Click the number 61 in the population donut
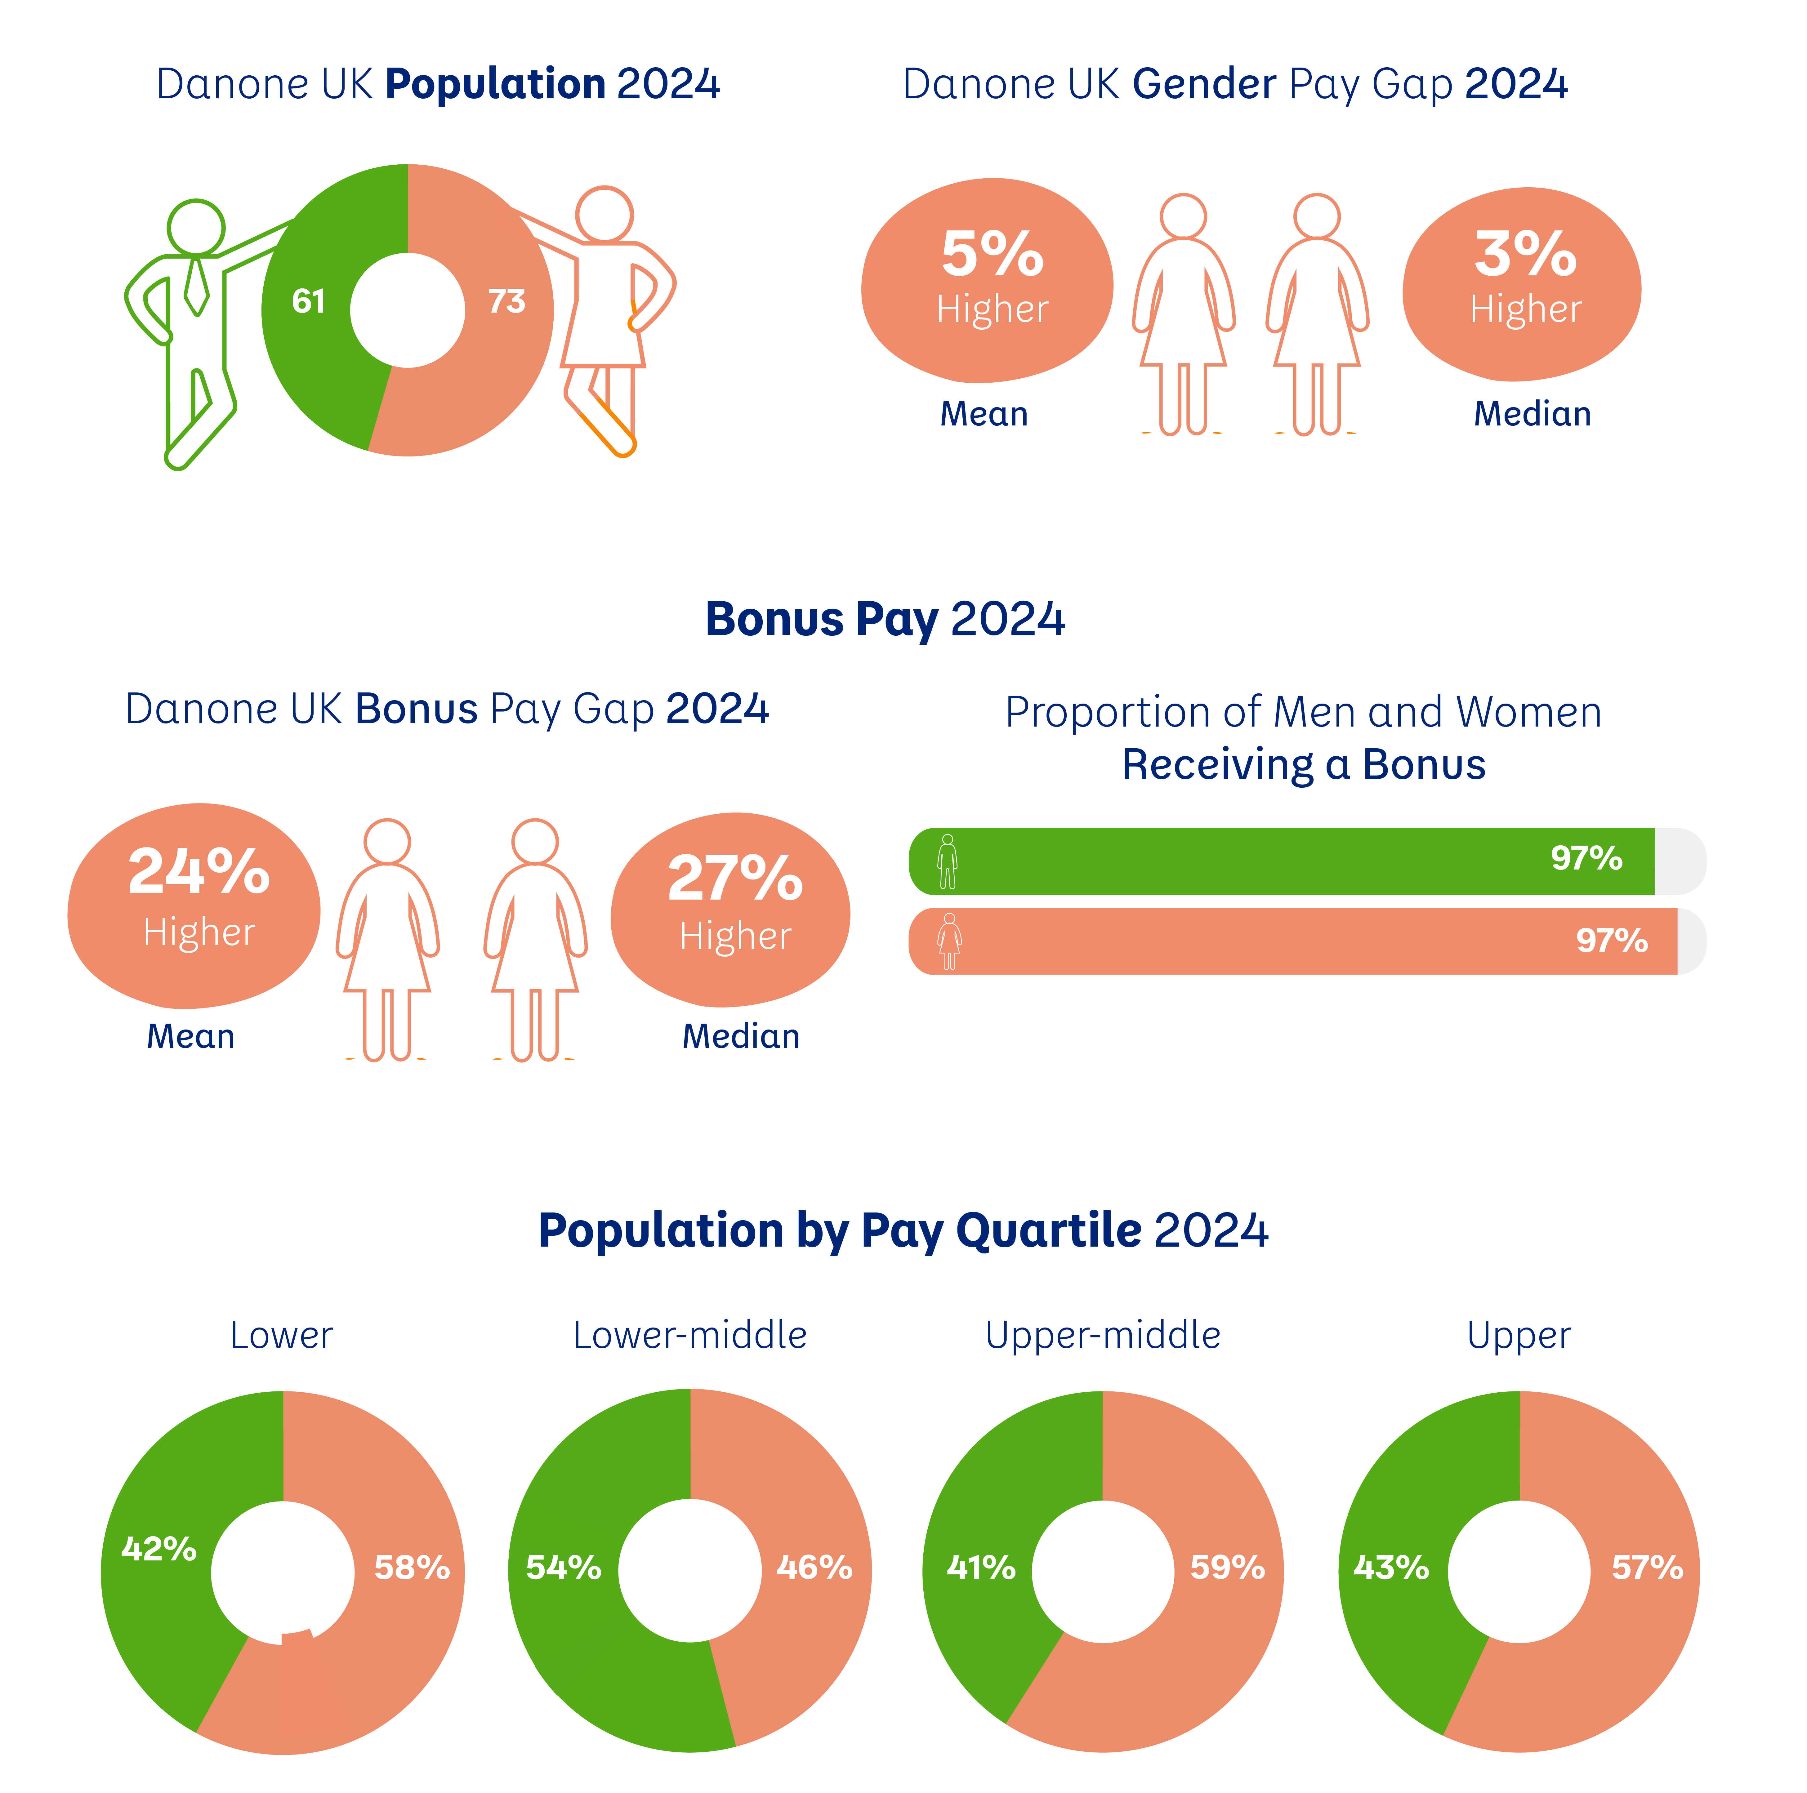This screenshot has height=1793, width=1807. (x=309, y=301)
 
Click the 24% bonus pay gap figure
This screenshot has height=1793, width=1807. (x=198, y=872)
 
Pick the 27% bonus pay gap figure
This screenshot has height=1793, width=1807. (x=735, y=879)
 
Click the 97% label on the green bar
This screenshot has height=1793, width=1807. (x=1586, y=858)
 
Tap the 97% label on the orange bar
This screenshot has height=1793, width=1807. (x=1612, y=940)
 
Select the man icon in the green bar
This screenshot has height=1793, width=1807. (x=948, y=861)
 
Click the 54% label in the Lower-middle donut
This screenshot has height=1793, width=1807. (x=563, y=1568)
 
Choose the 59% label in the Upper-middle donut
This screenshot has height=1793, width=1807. (x=1227, y=1568)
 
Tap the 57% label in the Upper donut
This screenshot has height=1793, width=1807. (x=1647, y=1568)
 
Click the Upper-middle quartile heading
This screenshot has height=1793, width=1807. (x=1103, y=1336)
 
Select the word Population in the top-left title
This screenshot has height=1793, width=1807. (x=495, y=84)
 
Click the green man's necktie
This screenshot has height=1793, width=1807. (x=196, y=285)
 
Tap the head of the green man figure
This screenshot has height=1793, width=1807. (x=196, y=227)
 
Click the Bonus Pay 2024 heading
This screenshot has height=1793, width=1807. (x=885, y=619)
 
